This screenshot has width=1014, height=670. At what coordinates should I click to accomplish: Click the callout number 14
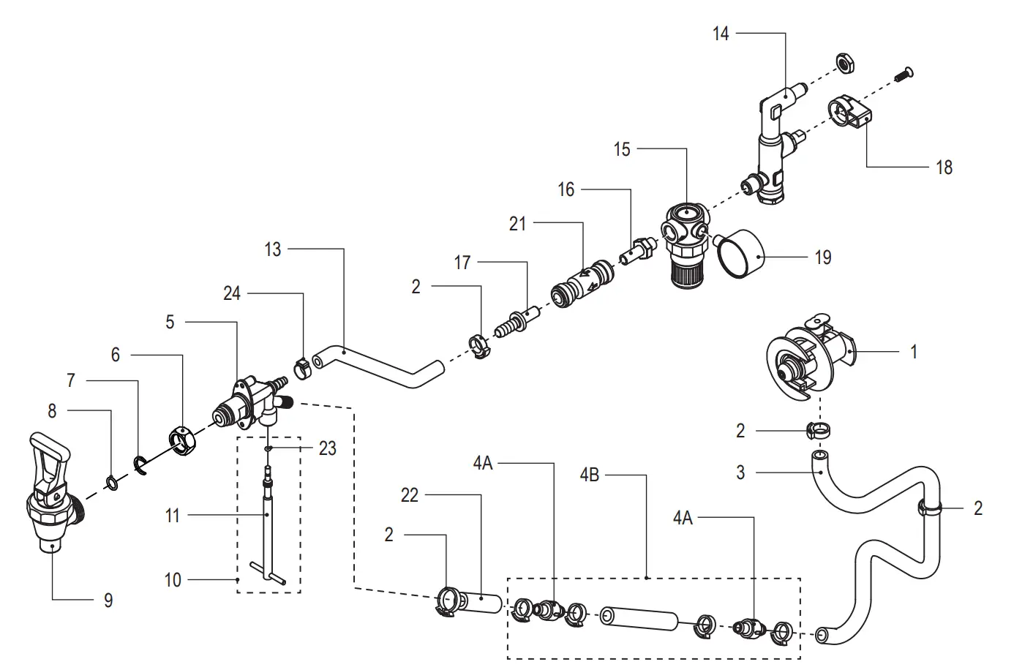click(721, 34)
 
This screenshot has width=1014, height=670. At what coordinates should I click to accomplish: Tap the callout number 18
click(944, 167)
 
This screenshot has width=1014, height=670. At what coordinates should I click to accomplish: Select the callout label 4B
click(589, 475)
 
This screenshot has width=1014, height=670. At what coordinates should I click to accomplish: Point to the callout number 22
click(410, 495)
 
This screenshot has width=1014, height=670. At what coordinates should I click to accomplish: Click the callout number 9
click(108, 601)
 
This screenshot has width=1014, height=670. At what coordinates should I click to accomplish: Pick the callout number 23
click(327, 448)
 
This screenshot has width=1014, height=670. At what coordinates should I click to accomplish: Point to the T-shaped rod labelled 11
click(268, 527)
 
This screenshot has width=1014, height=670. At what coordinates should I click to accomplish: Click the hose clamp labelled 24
click(301, 368)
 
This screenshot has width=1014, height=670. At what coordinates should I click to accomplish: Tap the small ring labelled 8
click(113, 482)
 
